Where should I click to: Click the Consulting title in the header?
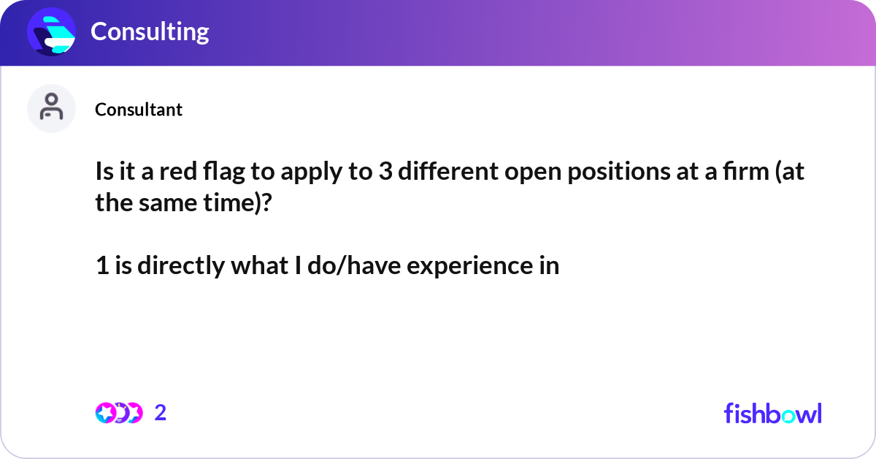click(150, 31)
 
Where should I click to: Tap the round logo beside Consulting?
click(51, 31)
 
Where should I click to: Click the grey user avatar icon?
click(51, 108)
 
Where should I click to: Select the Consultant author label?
click(139, 110)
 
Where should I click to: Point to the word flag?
click(223, 172)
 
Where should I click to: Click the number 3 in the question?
click(385, 172)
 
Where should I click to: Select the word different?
click(448, 171)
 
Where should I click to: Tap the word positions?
click(619, 172)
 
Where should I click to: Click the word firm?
click(746, 171)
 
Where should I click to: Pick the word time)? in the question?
click(237, 203)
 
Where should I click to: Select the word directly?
click(181, 266)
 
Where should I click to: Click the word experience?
click(469, 266)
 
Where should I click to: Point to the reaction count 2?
click(161, 413)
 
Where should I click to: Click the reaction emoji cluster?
click(119, 413)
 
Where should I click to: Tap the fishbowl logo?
click(773, 413)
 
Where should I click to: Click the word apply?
click(311, 172)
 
